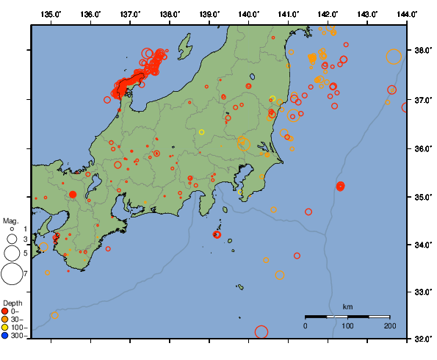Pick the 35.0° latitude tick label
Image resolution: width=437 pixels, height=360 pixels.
[x=423, y=197]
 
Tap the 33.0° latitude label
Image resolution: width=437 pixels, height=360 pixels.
[x=423, y=292]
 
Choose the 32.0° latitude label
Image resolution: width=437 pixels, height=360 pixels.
[x=423, y=339]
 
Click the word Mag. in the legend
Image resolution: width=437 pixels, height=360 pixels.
[x=10, y=220]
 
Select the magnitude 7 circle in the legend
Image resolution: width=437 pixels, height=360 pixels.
[x=12, y=274]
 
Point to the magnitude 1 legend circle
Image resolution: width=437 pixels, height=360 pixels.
[x=12, y=229]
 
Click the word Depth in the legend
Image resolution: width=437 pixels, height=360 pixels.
[x=12, y=303]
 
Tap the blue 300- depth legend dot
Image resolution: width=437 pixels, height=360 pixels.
[x=7, y=336]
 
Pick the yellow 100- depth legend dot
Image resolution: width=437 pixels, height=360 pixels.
[x=7, y=327]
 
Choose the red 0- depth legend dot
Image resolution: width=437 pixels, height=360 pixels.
[x=7, y=311]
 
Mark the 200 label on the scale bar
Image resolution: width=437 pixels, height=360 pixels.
[x=389, y=325]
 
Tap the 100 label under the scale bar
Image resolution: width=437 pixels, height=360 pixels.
[x=347, y=325]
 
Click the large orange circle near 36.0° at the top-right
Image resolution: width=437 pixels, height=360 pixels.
[x=394, y=57]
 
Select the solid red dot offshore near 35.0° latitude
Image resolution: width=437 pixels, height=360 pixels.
[x=341, y=187]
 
